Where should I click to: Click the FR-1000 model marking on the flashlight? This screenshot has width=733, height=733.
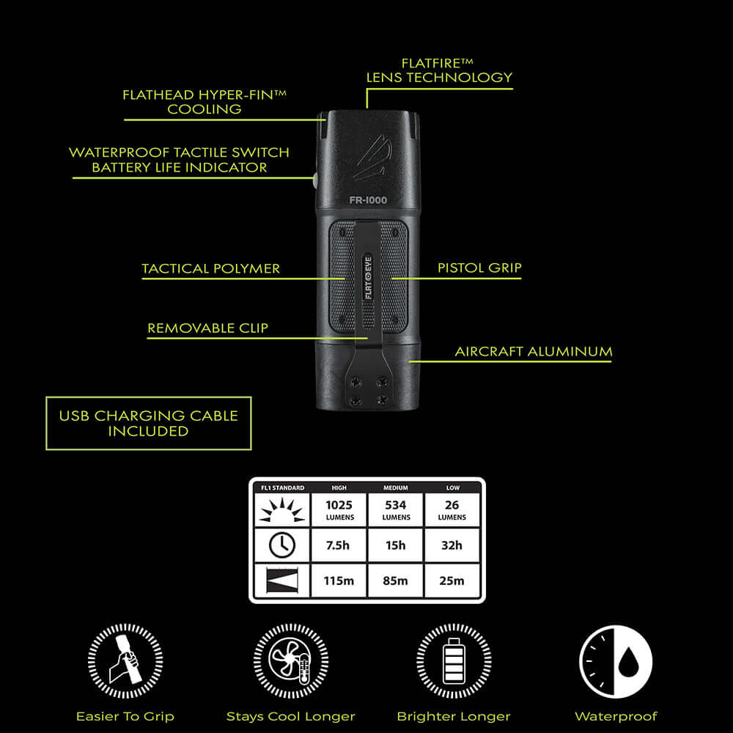pos(368,199)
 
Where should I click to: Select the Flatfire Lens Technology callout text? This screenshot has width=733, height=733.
pos(439,70)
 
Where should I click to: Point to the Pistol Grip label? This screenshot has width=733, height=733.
pos(479,268)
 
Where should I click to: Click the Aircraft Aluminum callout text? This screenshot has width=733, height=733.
pos(534,351)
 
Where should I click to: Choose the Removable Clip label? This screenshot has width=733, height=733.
pos(208,328)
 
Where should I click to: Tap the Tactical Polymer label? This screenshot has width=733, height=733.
pos(211,268)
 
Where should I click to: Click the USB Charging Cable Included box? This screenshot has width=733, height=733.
pos(148,423)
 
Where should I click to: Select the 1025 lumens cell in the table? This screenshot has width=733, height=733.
pos(339,509)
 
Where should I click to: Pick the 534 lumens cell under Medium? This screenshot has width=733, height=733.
pos(396,509)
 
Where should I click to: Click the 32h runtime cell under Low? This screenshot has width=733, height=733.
pos(452,545)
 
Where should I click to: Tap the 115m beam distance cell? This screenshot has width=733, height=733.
pos(339,581)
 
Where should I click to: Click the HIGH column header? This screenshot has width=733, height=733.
pos(339,487)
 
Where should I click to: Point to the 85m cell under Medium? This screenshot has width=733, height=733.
pos(396,581)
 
